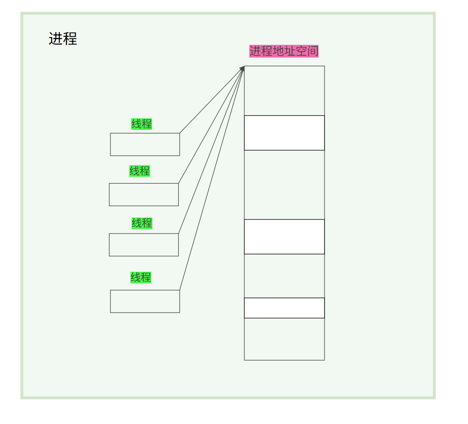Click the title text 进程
tap(62, 39)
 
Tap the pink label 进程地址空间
tap(284, 51)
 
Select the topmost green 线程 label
tap(142, 124)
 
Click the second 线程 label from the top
tap(139, 171)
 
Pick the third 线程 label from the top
tap(142, 223)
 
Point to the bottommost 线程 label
tap(141, 277)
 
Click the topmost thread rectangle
tap(145, 144)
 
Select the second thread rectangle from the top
tap(143, 195)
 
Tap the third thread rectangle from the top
tap(143, 245)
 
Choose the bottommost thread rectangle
tap(145, 301)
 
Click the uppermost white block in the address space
tap(284, 133)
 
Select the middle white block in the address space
tap(284, 237)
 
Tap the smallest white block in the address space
tap(284, 308)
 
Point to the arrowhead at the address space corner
tap(243, 68)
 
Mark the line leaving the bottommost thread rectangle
tap(212, 179)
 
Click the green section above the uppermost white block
tap(284, 91)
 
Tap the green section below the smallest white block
tap(284, 339)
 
